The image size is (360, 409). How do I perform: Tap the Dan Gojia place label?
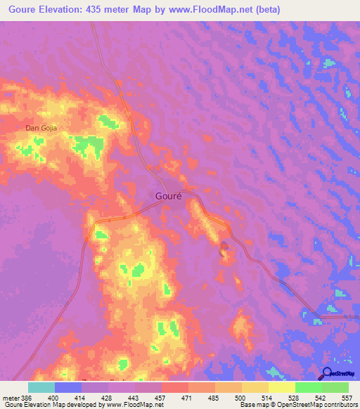click(x=40, y=127)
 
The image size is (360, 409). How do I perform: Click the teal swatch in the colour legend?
click(x=41, y=387)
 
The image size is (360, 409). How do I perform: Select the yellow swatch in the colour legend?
click(x=281, y=387)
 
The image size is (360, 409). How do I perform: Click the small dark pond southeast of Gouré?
click(x=224, y=247)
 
